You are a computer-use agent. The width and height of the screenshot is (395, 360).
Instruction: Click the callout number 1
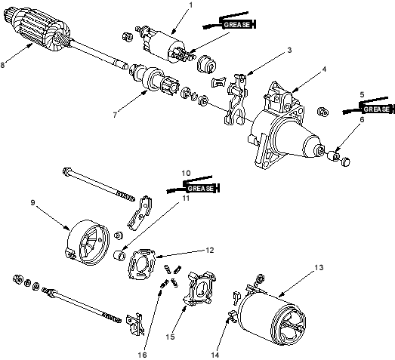[190, 5]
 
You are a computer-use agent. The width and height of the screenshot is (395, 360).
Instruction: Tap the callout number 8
[2, 65]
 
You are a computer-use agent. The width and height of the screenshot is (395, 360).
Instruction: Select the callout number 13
[319, 267]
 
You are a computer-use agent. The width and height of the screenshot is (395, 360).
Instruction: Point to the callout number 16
[142, 355]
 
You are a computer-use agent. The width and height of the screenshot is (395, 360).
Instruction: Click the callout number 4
[324, 69]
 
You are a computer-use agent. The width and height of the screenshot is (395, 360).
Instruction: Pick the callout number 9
[32, 202]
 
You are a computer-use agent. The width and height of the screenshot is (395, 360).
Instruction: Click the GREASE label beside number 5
[376, 109]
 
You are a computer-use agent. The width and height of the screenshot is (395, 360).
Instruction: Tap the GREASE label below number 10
[201, 189]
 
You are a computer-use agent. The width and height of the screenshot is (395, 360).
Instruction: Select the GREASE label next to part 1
[236, 25]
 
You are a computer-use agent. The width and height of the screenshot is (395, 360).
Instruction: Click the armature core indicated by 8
[38, 29]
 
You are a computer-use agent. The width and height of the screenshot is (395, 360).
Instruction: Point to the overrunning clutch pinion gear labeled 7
[154, 78]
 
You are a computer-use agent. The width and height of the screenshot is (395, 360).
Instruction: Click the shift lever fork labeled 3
[235, 100]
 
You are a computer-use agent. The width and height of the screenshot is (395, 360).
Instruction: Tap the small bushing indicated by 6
[335, 155]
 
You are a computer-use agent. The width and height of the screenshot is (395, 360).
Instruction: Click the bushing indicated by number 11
[119, 255]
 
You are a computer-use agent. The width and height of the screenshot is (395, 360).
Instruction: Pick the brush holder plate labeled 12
[141, 264]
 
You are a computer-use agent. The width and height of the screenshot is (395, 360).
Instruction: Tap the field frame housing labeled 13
[271, 316]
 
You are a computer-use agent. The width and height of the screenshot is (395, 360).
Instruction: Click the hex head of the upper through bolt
[66, 171]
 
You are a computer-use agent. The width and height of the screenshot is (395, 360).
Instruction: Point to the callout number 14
[215, 355]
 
